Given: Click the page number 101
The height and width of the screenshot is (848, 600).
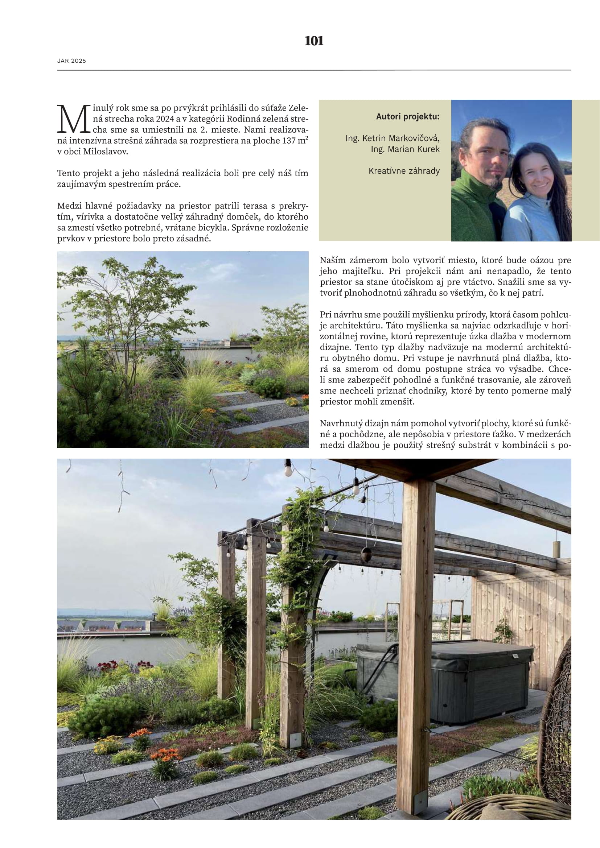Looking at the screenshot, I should point(314,41).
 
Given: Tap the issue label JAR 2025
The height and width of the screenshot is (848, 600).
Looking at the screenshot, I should point(71,61).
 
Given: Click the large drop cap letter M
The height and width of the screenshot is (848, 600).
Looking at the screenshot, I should point(74,119).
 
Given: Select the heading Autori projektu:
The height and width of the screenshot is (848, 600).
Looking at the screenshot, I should point(407,117).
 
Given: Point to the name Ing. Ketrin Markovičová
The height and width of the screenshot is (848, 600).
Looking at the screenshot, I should point(393,138).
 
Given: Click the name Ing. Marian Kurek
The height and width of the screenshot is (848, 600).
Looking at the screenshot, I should point(405,149).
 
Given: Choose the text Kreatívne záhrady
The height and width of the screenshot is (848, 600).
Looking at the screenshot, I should point(404,171).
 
